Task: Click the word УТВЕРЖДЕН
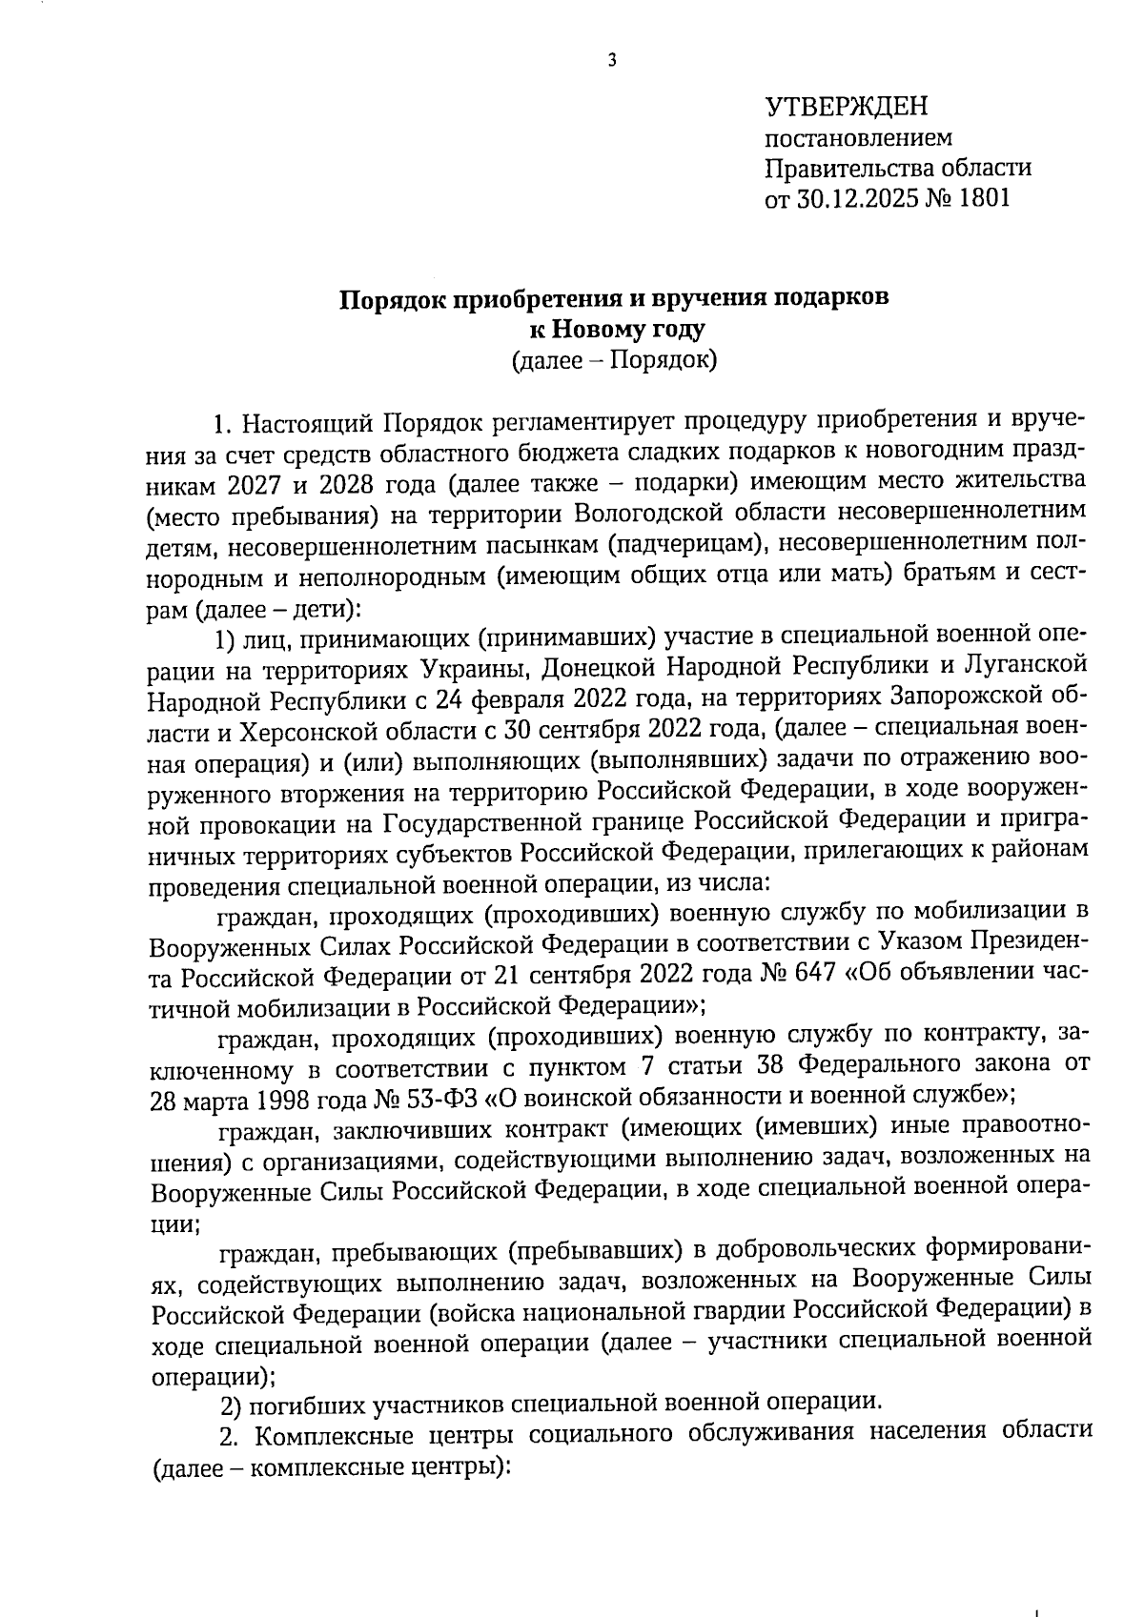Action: pos(847,106)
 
